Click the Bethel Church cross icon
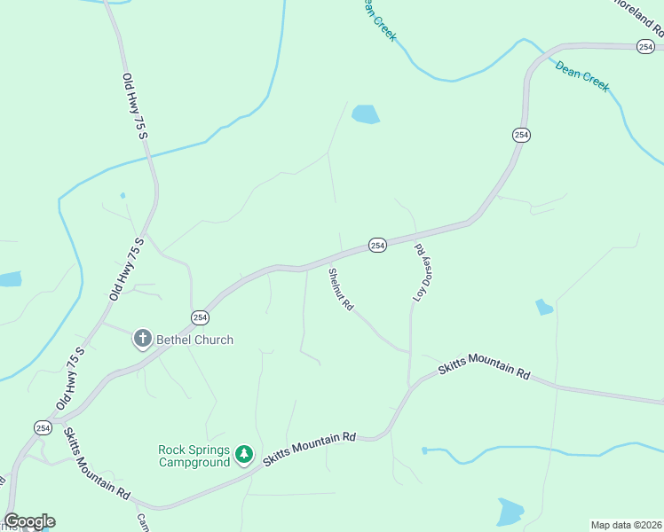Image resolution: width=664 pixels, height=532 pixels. tap(142, 339)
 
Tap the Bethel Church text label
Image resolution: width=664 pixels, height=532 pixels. tap(194, 340)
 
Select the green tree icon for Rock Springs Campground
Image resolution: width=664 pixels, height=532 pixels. tap(244, 455)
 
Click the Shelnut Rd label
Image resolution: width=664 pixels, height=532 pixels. tap(341, 289)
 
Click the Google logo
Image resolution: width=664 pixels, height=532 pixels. tap(29, 521)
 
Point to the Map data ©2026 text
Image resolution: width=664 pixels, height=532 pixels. tap(626, 525)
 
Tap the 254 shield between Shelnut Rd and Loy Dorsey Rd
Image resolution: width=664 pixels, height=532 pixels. tap(377, 245)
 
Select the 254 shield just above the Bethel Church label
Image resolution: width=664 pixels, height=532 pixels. tap(200, 317)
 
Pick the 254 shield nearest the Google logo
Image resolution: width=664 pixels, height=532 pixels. tap(43, 427)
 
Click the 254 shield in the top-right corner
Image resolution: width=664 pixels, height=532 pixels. tap(645, 46)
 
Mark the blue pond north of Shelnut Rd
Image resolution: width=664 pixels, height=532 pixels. tap(365, 114)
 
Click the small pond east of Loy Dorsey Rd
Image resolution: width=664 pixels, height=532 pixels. tap(544, 308)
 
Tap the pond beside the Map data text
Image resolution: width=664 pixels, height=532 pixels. tap(510, 512)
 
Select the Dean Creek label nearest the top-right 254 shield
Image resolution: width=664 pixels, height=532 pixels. tap(582, 75)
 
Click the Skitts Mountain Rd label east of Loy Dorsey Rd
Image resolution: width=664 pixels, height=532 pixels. tap(484, 370)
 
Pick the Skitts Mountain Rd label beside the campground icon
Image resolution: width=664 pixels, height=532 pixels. tap(310, 442)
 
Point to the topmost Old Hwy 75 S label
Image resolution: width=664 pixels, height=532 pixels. tap(134, 105)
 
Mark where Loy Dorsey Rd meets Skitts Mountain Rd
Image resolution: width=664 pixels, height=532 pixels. tap(409, 385)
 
